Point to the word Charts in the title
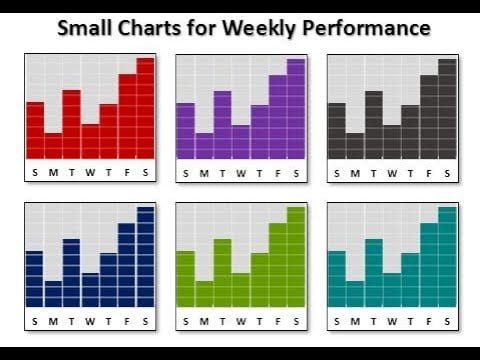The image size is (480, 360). (x=158, y=27)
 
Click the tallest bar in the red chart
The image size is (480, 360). (x=146, y=108)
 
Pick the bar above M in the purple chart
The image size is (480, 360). (x=203, y=146)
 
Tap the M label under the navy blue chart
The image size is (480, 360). (x=53, y=321)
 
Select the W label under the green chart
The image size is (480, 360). (x=239, y=321)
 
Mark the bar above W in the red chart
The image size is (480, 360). (x=90, y=141)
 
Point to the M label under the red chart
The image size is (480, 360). (x=53, y=172)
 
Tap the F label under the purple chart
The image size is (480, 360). (x=277, y=172)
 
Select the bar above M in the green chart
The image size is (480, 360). (x=203, y=294)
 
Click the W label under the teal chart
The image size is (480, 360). (x=392, y=321)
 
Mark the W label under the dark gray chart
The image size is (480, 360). (x=392, y=172)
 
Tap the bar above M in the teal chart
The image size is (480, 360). (x=355, y=294)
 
